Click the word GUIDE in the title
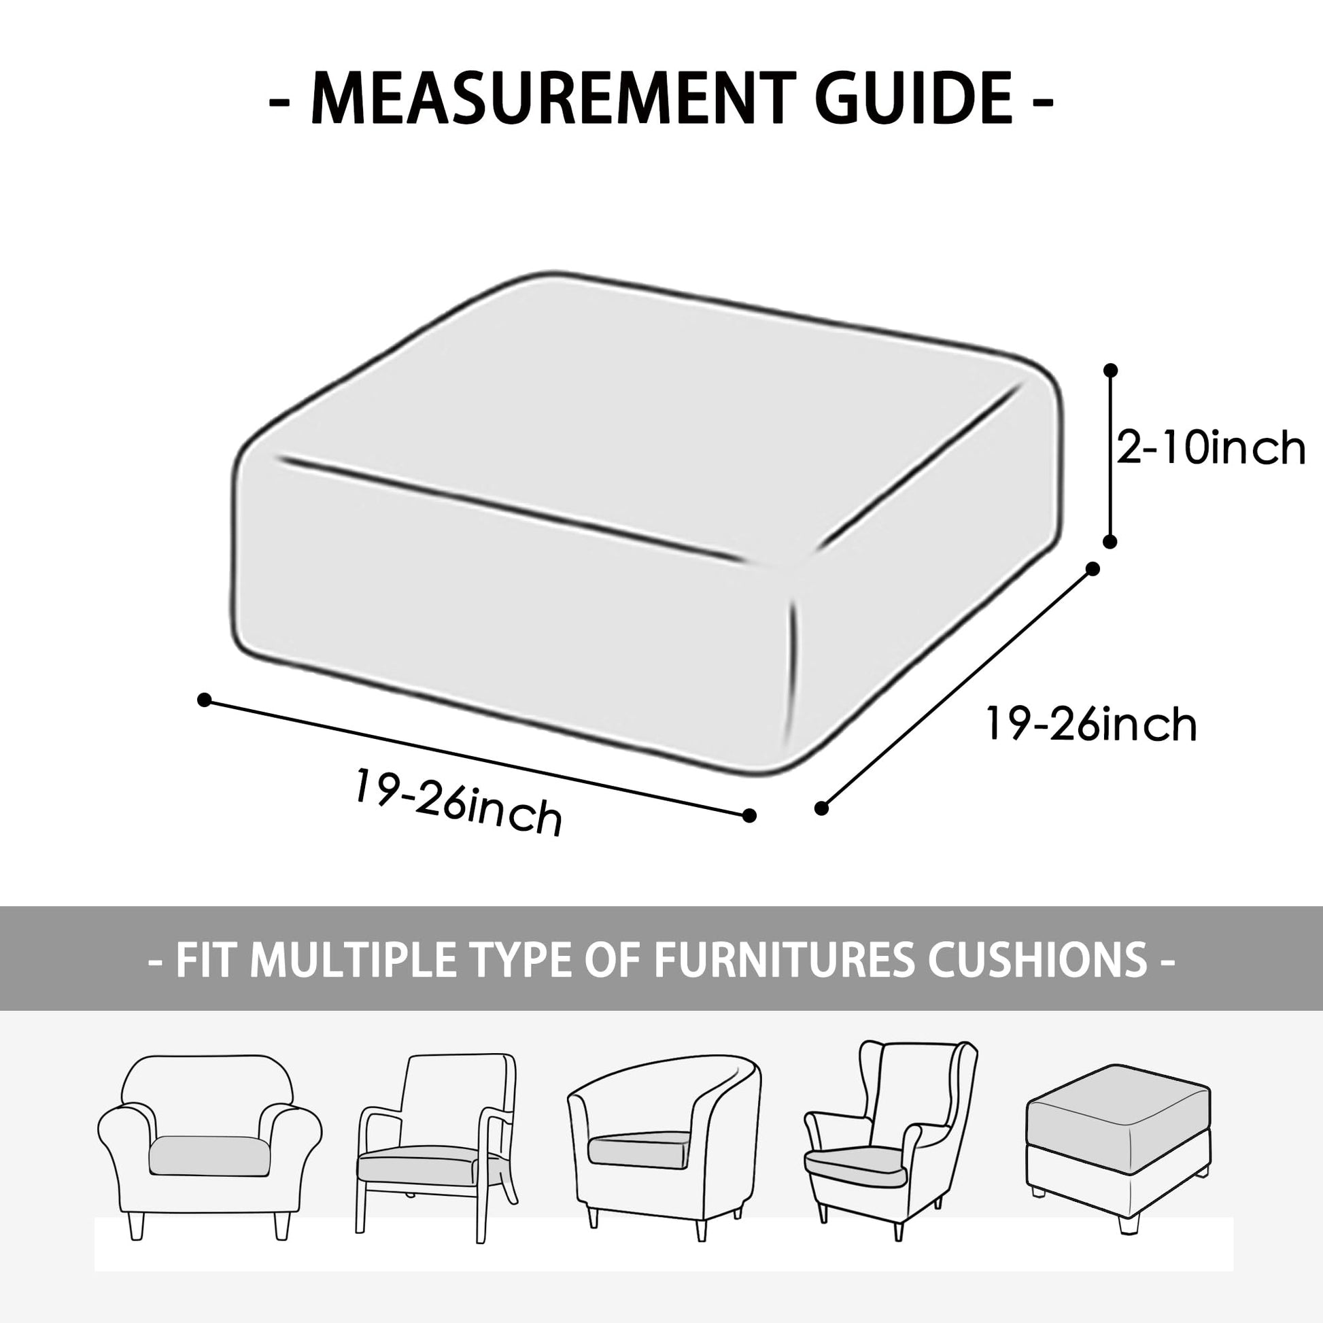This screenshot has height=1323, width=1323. (x=914, y=99)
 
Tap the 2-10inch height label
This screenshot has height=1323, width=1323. (x=1211, y=448)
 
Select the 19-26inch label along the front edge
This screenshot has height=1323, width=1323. (x=458, y=802)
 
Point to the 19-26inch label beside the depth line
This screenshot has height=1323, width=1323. (x=1091, y=724)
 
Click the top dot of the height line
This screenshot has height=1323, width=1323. (x=1111, y=371)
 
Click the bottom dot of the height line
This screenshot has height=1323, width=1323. (x=1111, y=542)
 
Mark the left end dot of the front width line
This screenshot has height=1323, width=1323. (x=203, y=700)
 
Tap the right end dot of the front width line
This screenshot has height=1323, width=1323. (x=749, y=815)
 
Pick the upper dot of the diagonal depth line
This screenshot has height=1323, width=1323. (x=1094, y=569)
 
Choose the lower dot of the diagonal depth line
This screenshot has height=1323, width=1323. (x=822, y=808)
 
